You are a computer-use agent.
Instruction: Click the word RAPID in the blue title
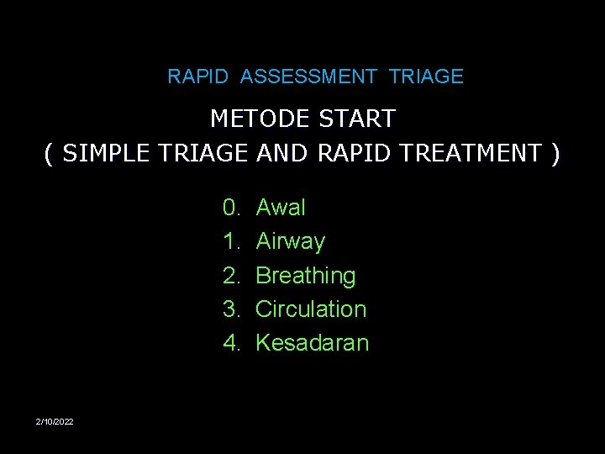point(197,77)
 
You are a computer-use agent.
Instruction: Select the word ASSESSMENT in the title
point(308,77)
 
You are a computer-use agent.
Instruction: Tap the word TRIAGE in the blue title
point(426,77)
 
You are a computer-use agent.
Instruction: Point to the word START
point(357,119)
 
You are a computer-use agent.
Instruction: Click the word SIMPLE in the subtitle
point(110,153)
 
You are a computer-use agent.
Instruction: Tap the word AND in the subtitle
point(282,153)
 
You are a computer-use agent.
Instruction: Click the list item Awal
point(281,207)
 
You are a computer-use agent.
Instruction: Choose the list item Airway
point(290,241)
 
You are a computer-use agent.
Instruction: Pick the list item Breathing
point(306,275)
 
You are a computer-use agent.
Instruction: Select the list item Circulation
point(311,309)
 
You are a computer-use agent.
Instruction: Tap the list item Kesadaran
point(312,342)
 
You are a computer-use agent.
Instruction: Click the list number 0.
point(229,207)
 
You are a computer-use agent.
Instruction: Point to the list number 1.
point(229,241)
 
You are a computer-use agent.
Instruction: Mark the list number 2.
point(229,275)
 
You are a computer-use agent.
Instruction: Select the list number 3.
point(229,309)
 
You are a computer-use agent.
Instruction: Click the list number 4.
point(229,342)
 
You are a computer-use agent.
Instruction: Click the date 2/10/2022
point(55,420)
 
